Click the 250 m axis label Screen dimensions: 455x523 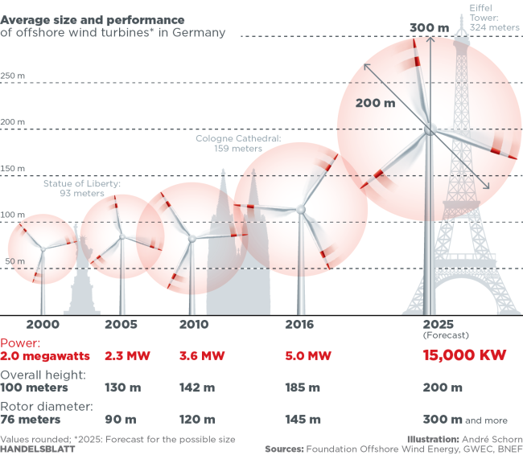pyautogui.click(x=14, y=76)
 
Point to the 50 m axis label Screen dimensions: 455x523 pyautogui.click(x=12, y=262)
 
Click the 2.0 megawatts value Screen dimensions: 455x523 pyautogui.click(x=45, y=355)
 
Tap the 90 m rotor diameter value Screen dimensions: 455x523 pyautogui.click(x=121, y=419)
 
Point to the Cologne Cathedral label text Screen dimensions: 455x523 pyautogui.click(x=238, y=143)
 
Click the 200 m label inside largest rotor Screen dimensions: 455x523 pyautogui.click(x=376, y=103)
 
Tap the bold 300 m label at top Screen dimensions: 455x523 pyautogui.click(x=429, y=27)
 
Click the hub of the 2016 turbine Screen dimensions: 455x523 pyautogui.click(x=301, y=209)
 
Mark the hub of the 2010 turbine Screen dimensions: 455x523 pyautogui.click(x=191, y=238)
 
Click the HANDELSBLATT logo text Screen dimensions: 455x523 pyautogui.click(x=38, y=449)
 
